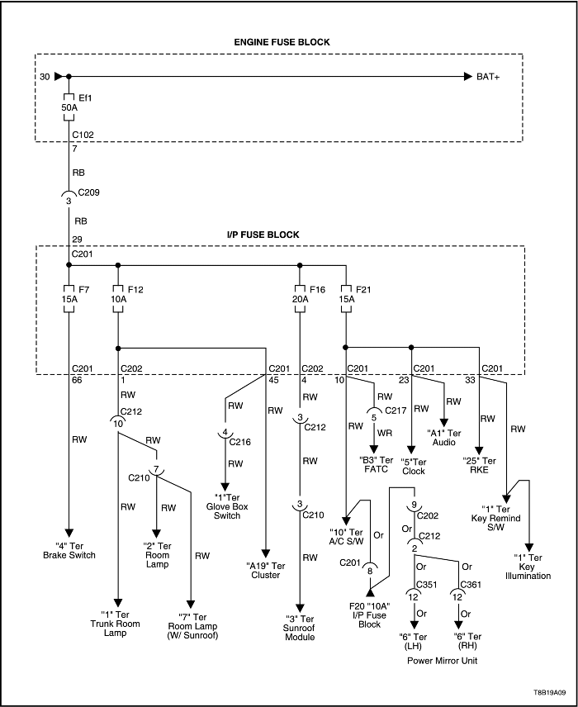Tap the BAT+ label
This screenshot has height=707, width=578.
[488, 77]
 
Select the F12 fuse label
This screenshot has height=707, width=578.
[135, 290]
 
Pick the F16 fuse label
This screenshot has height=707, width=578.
[317, 290]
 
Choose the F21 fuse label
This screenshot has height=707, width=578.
[363, 290]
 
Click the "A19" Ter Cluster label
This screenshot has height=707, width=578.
[264, 571]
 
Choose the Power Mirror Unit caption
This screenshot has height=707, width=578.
[436, 661]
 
